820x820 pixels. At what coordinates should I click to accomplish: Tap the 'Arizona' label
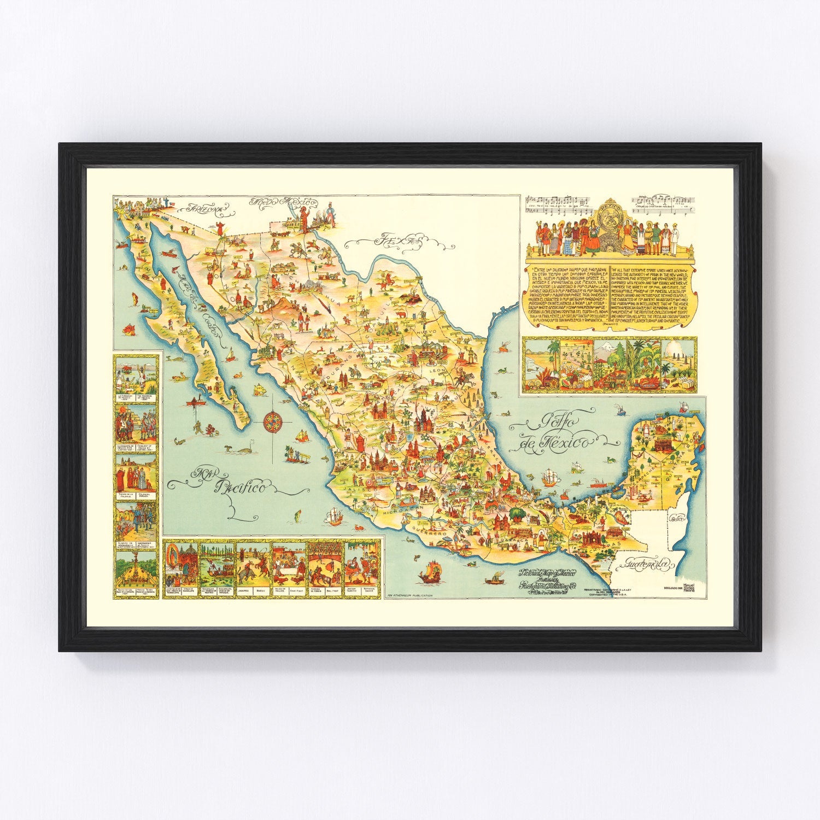click(206, 208)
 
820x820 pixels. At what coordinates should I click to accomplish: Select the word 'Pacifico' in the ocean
click(241, 486)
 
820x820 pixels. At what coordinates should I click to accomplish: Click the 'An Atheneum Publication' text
click(409, 595)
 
